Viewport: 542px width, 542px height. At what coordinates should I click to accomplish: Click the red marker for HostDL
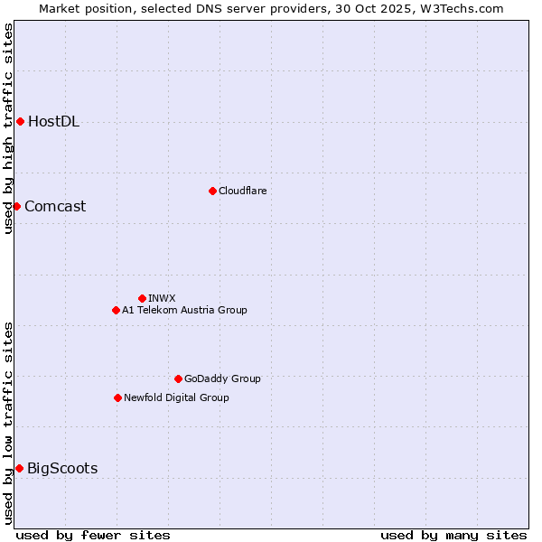[x=20, y=121]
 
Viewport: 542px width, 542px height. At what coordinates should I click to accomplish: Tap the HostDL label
[x=53, y=122]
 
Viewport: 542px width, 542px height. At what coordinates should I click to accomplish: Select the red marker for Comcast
[x=16, y=206]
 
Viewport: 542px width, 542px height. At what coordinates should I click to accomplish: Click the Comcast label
[x=55, y=206]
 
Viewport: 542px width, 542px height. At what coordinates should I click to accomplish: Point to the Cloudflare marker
[x=212, y=191]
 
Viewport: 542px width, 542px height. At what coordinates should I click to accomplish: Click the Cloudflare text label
[x=242, y=191]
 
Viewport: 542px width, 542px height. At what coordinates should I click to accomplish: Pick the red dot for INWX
[x=142, y=298]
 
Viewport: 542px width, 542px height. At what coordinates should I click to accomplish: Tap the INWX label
[x=162, y=298]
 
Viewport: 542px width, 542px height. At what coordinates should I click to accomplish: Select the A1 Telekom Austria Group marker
[x=116, y=310]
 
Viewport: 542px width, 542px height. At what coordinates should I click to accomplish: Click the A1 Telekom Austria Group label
[x=184, y=310]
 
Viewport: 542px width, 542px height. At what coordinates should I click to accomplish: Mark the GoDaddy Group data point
[x=178, y=378]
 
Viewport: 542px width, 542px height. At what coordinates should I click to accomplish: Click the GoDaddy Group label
[x=221, y=378]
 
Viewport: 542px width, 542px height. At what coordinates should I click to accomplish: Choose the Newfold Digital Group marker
[x=117, y=397]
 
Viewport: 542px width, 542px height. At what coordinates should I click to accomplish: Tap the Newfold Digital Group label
[x=176, y=397]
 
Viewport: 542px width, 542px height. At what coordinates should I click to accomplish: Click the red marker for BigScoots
[x=19, y=468]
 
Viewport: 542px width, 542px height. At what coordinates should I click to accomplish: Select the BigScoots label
[x=62, y=468]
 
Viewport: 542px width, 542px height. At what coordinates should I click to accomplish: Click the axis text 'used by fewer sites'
[x=93, y=535]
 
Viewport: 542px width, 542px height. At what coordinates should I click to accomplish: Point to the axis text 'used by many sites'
[x=453, y=535]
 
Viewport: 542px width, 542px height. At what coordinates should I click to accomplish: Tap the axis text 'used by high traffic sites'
[x=9, y=129]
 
